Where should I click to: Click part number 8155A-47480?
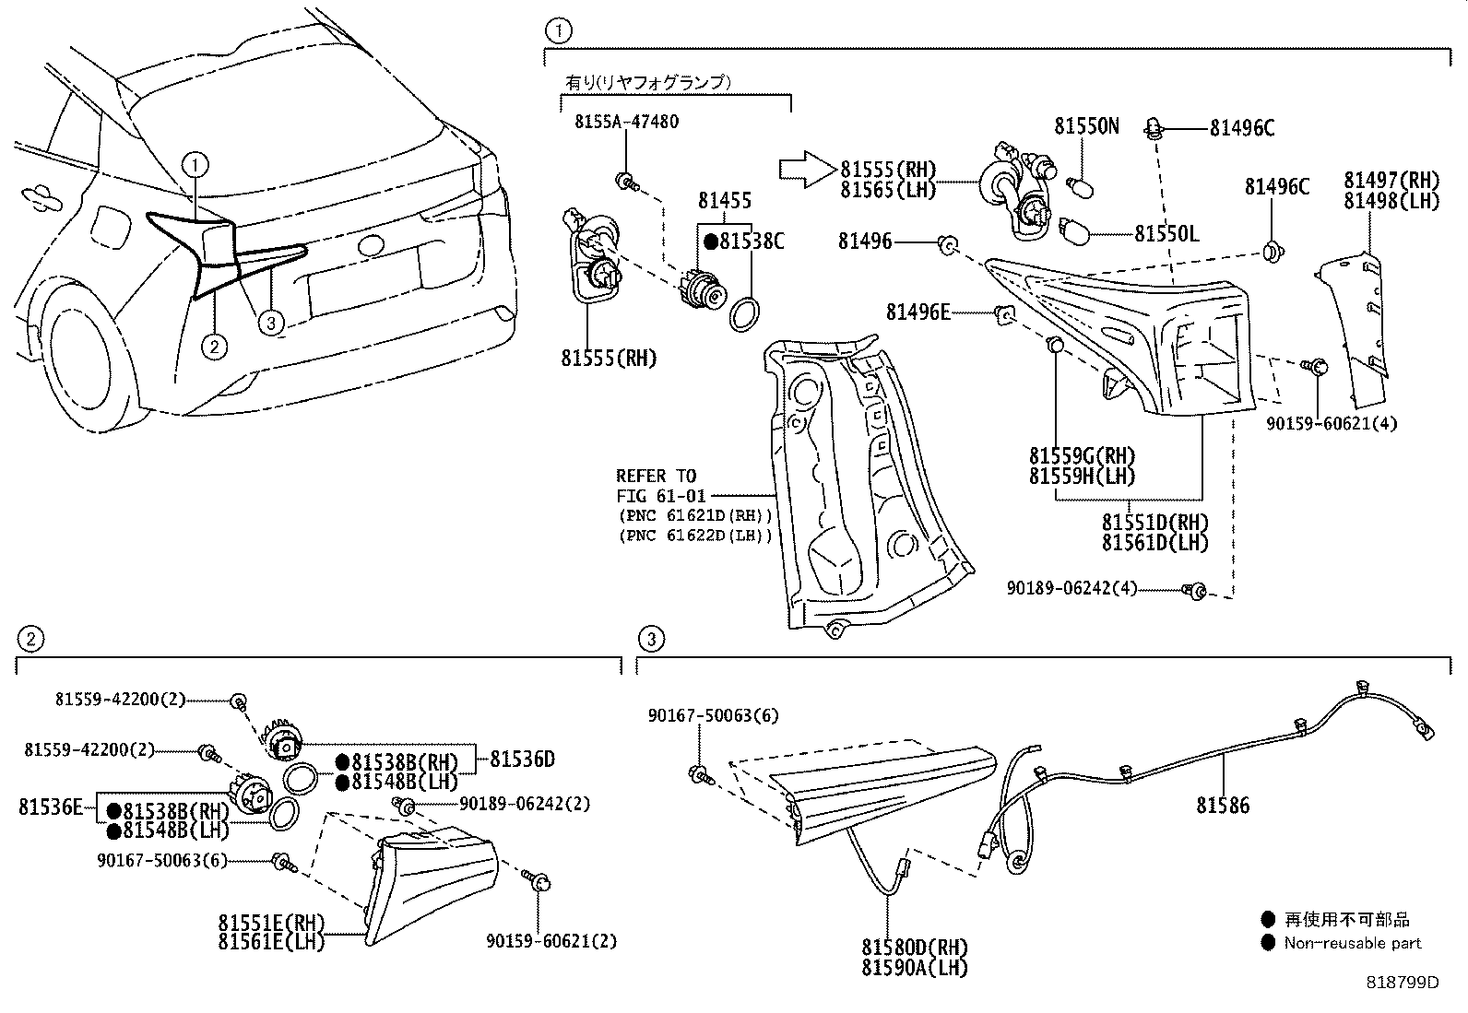tap(626, 123)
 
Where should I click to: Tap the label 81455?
tap(724, 200)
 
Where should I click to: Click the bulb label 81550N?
tap(1086, 126)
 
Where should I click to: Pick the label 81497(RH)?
tap(1391, 180)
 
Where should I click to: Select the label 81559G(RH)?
tap(1082, 456)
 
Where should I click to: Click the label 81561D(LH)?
tap(1154, 543)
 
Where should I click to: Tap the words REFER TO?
tap(656, 476)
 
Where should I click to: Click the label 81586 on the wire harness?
tap(1223, 806)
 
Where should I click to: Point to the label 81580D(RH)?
tap(915, 948)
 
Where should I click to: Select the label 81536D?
tap(522, 760)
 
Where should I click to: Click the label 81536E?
tap(51, 807)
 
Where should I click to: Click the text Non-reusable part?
tap(1352, 943)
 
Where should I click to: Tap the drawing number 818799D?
tap(1402, 983)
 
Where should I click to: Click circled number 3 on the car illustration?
tap(270, 322)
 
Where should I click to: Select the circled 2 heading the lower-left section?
tap(30, 638)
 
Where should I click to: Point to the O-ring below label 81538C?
tap(746, 313)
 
